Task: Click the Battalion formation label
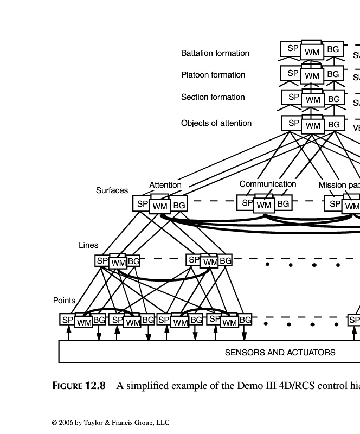pyautogui.click(x=215, y=53)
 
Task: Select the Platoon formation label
pyautogui.click(x=213, y=75)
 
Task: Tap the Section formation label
pyautogui.click(x=213, y=97)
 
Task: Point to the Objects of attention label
pyautogui.click(x=216, y=123)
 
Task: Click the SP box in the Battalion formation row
pyautogui.click(x=293, y=48)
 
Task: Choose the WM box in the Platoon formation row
pyautogui.click(x=312, y=76)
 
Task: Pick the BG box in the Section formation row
pyautogui.click(x=333, y=99)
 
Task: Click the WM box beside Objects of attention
pyautogui.click(x=312, y=126)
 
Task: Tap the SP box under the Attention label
pyautogui.click(x=142, y=204)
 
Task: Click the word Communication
pyautogui.click(x=268, y=184)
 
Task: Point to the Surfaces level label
pyautogui.click(x=112, y=190)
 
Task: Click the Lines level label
pyautogui.click(x=88, y=245)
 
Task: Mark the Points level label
pyautogui.click(x=64, y=301)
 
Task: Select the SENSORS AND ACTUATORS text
pyautogui.click(x=280, y=353)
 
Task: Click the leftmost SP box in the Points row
pyautogui.click(x=67, y=320)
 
